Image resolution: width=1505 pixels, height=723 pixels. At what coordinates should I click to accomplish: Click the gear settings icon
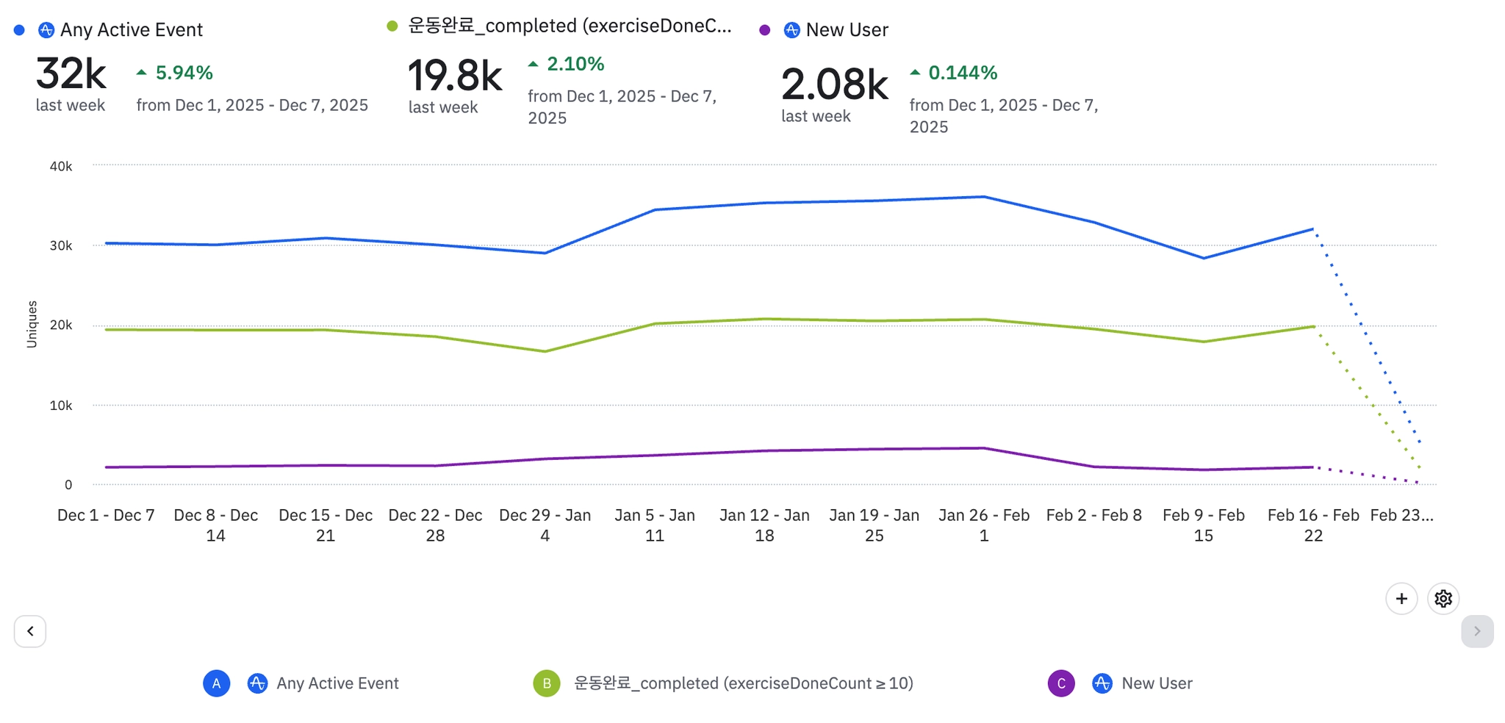click(x=1443, y=599)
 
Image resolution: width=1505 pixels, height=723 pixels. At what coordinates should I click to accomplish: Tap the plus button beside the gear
click(x=1401, y=599)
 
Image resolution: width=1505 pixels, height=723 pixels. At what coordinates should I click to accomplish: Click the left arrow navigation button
click(x=30, y=631)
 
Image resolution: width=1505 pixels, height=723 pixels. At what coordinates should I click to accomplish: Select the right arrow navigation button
click(x=1477, y=631)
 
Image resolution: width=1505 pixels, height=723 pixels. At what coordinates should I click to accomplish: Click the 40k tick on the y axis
click(x=61, y=167)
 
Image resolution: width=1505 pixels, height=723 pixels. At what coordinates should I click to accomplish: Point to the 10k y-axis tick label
click(x=61, y=406)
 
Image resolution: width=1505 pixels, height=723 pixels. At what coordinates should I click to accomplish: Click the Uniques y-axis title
click(x=32, y=324)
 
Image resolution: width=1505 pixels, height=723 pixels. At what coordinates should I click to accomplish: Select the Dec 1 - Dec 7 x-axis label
click(x=106, y=515)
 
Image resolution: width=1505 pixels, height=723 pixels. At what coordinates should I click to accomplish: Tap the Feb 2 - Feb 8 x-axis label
click(x=1093, y=515)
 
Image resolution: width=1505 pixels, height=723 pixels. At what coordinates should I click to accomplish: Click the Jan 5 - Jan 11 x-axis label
click(x=655, y=525)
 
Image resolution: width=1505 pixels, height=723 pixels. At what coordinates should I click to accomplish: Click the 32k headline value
click(x=71, y=73)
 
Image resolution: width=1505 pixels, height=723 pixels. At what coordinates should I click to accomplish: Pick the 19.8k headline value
click(x=455, y=76)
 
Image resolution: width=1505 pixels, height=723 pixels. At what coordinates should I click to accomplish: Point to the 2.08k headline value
click(x=834, y=84)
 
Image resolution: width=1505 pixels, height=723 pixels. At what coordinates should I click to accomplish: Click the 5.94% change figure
click(x=184, y=73)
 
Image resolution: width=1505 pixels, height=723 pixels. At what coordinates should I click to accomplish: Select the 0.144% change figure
click(x=963, y=73)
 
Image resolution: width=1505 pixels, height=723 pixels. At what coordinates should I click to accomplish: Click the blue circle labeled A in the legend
click(x=216, y=683)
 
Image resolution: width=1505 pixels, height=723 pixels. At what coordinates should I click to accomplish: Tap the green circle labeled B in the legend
click(x=547, y=683)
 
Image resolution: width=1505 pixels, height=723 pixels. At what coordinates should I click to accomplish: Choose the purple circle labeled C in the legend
click(x=1061, y=683)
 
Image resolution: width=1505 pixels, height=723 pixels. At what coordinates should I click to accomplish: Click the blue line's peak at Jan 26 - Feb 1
click(x=984, y=197)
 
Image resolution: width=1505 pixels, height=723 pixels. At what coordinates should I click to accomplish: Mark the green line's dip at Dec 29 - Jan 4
click(x=545, y=351)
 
